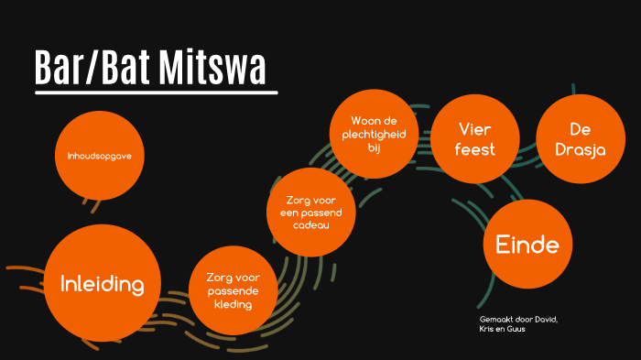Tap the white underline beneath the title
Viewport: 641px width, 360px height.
pyautogui.click(x=156, y=92)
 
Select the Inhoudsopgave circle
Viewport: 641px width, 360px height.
pyautogui.click(x=101, y=156)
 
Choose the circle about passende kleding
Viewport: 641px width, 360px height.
pyautogui.click(x=234, y=290)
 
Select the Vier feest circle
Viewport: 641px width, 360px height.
pyautogui.click(x=475, y=138)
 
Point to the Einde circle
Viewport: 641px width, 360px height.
pyautogui.click(x=527, y=245)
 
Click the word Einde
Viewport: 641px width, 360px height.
pyautogui.click(x=527, y=245)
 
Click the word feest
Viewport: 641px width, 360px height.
pyautogui.click(x=475, y=149)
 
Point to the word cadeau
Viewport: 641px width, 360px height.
pyautogui.click(x=311, y=224)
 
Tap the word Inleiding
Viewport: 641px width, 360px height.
pyautogui.click(x=102, y=284)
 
